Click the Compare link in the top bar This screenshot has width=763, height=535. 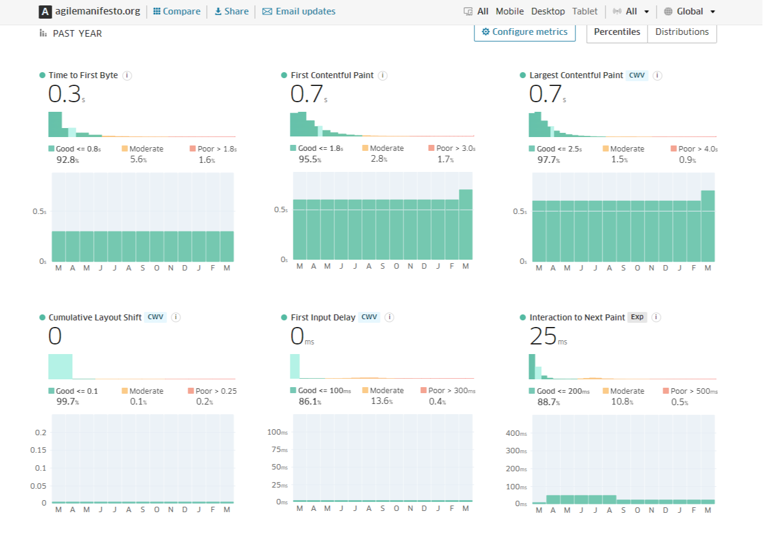tap(177, 11)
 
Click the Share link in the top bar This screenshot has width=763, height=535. tap(231, 11)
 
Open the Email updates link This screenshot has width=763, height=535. tap(299, 11)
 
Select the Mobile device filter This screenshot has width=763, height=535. tap(509, 11)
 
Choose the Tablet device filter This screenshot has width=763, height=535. tap(585, 11)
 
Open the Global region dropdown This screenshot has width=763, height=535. tap(690, 11)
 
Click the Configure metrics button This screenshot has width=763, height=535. tap(524, 32)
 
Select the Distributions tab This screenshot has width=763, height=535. tap(682, 32)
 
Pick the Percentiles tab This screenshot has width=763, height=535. tap(617, 32)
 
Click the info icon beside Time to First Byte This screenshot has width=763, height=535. tap(127, 75)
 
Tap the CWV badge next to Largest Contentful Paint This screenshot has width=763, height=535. tap(637, 75)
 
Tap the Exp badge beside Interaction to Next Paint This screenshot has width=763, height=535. tap(637, 317)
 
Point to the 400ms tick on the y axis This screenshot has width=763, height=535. tap(516, 433)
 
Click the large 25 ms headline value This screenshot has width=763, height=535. tap(544, 337)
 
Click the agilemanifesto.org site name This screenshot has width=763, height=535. tap(97, 11)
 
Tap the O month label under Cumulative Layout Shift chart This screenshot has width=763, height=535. tap(156, 510)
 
